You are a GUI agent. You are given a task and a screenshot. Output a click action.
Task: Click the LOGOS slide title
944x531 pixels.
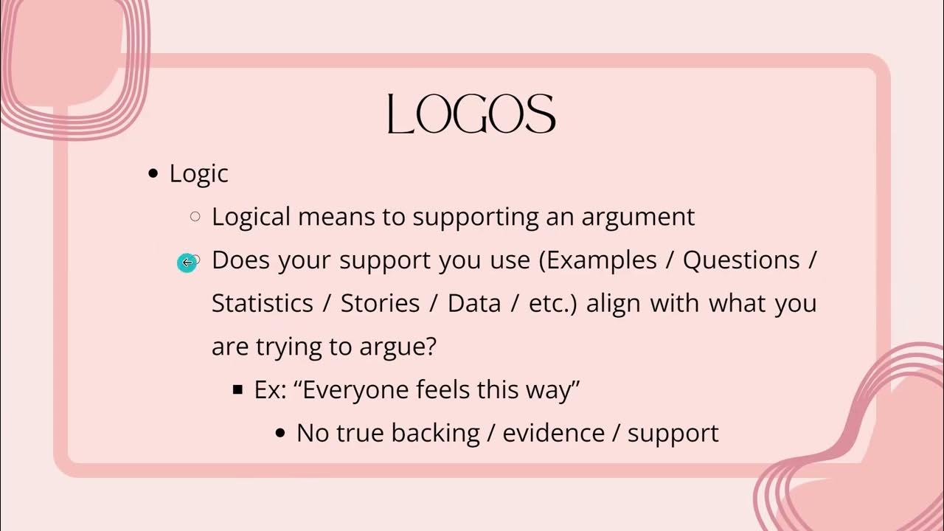(471, 115)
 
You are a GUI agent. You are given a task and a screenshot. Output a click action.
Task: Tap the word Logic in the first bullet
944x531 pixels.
(198, 174)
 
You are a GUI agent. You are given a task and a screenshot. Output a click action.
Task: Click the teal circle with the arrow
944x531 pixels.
(187, 263)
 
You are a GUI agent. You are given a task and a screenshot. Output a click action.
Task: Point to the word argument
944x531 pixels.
(638, 218)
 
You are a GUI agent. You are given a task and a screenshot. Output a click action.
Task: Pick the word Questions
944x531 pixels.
(741, 260)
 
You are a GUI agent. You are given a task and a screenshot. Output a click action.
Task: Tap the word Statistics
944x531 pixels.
(262, 304)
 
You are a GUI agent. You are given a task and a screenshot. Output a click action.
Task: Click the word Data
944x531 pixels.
(474, 304)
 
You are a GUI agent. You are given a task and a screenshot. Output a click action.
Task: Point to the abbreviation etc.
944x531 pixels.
(552, 304)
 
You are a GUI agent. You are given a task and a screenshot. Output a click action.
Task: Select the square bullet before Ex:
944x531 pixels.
(237, 389)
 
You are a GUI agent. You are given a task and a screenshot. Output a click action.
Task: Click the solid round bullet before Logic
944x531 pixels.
(153, 174)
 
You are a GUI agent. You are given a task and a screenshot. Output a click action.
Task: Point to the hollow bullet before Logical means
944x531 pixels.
(195, 217)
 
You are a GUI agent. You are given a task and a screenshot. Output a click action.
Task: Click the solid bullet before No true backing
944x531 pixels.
(280, 433)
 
